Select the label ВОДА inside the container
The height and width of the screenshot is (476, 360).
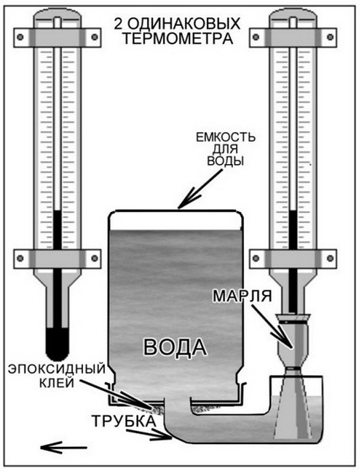point(175,347)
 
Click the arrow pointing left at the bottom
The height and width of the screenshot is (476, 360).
point(64,447)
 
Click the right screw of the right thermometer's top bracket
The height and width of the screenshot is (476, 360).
point(331,37)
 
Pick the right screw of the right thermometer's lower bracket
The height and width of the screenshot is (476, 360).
point(331,258)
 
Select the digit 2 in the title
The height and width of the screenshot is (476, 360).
point(118,24)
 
